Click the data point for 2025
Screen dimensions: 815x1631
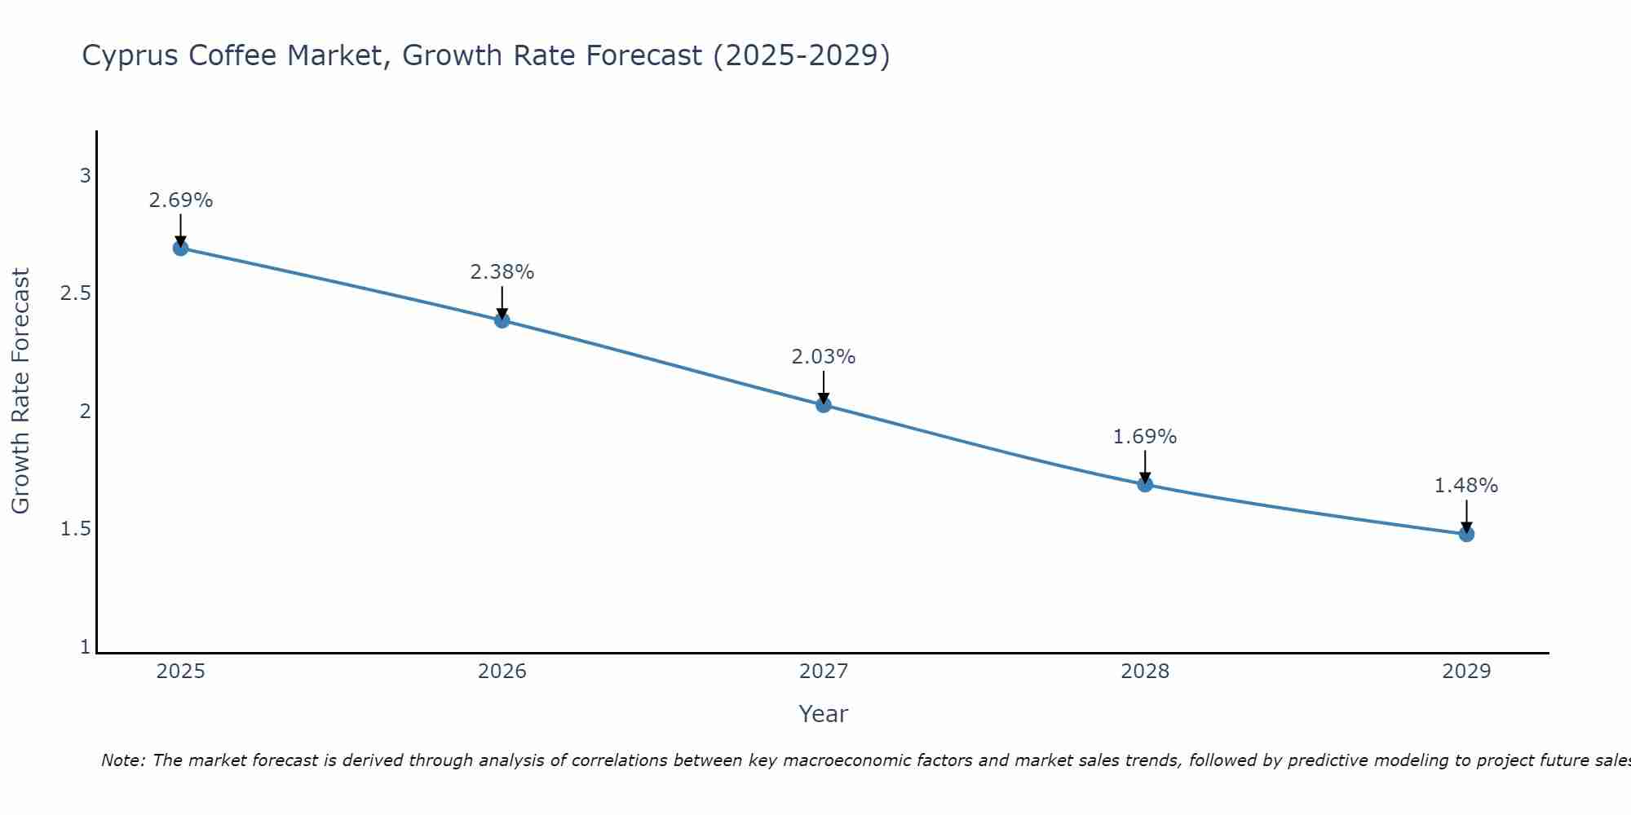(181, 248)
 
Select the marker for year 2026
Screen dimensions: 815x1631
(502, 320)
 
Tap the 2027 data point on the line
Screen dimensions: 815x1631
(824, 404)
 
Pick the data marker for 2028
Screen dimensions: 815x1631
(1145, 484)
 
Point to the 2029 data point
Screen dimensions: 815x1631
(1466, 534)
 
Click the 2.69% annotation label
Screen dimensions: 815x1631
(181, 200)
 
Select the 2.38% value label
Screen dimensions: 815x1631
(502, 272)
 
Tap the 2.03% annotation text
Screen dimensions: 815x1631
(824, 357)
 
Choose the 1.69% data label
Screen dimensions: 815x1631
(1145, 437)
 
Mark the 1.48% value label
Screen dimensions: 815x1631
(1466, 486)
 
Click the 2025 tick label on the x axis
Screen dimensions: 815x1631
(181, 672)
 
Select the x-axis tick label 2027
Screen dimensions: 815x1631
(824, 672)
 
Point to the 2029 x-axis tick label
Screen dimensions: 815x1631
(1466, 672)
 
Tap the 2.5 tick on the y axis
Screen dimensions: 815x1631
(76, 293)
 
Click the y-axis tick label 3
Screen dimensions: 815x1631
(85, 175)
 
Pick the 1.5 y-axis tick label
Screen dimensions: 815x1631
(76, 529)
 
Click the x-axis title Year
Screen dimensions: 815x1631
(824, 714)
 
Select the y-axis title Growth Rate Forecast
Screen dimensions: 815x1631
(21, 391)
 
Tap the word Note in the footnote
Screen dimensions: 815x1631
(122, 760)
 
